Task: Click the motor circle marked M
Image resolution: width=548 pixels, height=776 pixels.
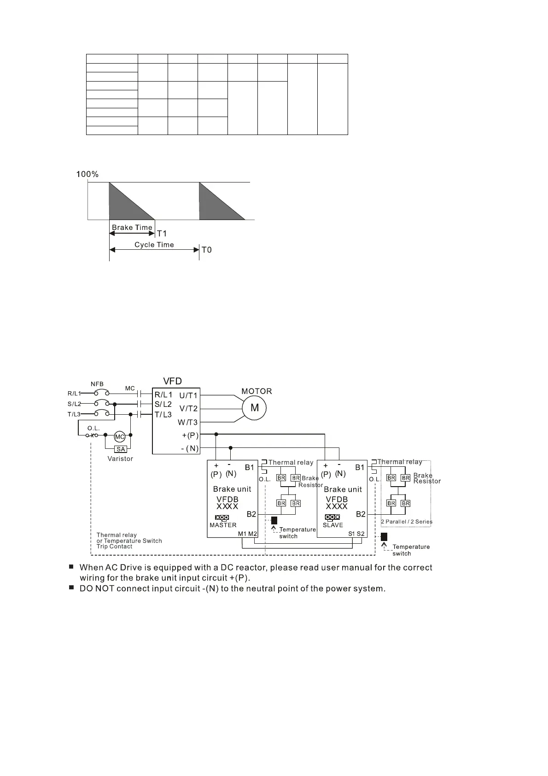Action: (255, 408)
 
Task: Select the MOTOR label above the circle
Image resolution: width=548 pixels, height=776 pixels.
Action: (257, 391)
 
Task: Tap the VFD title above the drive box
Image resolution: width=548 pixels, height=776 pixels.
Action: (173, 381)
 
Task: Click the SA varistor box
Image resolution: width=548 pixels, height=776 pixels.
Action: (120, 449)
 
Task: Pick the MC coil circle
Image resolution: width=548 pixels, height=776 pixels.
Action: (120, 437)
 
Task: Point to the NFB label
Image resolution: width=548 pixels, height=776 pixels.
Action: (97, 384)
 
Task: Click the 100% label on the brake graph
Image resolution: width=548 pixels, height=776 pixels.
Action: (87, 174)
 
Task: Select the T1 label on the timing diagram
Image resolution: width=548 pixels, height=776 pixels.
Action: (162, 234)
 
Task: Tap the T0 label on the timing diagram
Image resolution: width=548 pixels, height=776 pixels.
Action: (207, 250)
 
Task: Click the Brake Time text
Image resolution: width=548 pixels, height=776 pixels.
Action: (132, 227)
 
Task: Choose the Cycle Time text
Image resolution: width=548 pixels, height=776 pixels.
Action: (154, 245)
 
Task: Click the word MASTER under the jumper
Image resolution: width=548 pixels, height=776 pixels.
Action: (223, 525)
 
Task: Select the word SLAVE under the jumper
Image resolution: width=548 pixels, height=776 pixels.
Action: (333, 525)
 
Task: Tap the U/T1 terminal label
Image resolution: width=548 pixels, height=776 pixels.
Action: (188, 395)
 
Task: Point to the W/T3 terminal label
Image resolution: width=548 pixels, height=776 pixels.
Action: (188, 423)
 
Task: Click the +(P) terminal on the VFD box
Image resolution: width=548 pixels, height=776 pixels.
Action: (190, 435)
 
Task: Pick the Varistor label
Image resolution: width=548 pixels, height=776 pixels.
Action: (120, 459)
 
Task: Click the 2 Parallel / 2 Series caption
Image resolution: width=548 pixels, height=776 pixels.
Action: (407, 522)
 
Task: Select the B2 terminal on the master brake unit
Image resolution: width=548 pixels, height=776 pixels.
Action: (251, 514)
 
